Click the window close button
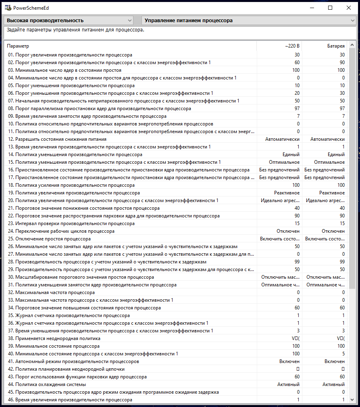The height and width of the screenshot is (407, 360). tap(348, 8)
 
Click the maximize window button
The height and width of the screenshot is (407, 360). tap(330, 8)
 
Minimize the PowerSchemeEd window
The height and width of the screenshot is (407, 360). tap(312, 8)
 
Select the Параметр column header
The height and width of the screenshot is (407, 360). tap(18, 46)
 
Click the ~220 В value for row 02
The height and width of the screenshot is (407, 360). tap(297, 63)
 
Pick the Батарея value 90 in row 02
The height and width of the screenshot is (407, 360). tap(342, 63)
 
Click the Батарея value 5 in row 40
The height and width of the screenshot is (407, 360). tap(343, 354)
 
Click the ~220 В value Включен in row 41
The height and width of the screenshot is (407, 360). tap(289, 361)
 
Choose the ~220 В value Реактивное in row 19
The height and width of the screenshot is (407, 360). tap(287, 193)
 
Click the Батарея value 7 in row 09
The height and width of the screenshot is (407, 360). tap(343, 116)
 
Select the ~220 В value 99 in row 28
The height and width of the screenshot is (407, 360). tap(297, 262)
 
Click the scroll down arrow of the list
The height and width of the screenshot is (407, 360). tap(352, 399)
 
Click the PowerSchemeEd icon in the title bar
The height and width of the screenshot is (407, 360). tap(6, 8)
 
